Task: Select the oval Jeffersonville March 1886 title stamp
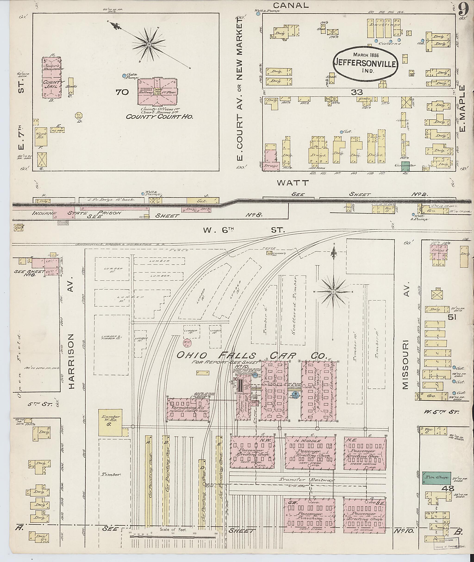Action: (366, 63)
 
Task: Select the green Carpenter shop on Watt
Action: (405, 166)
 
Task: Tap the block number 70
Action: (122, 92)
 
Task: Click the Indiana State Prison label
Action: (77, 213)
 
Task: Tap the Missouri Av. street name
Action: (406, 336)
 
